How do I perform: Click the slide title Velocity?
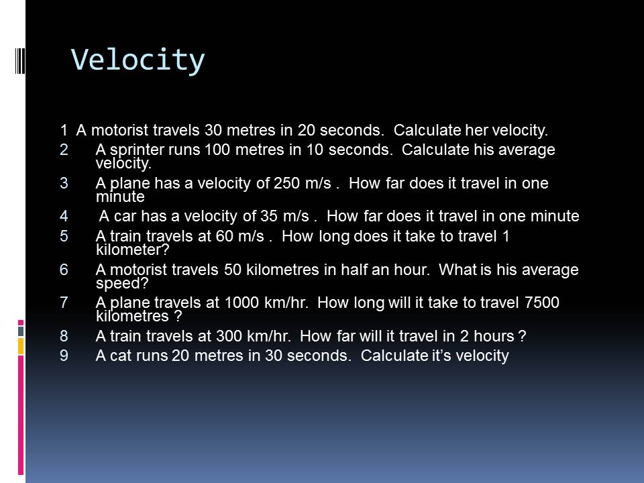coord(138,60)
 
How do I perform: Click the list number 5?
coord(64,236)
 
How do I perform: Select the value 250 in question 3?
coord(287,183)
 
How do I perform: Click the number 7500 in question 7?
coord(540,303)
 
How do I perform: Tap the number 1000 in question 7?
coord(238,303)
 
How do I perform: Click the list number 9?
coord(64,356)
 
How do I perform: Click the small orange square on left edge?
coord(21,346)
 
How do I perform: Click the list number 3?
coord(64,183)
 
